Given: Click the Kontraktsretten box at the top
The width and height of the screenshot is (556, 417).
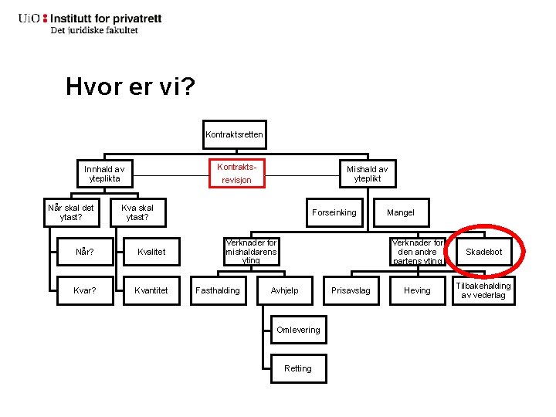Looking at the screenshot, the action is click(x=234, y=134).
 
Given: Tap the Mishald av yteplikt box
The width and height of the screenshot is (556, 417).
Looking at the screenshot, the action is click(x=367, y=174).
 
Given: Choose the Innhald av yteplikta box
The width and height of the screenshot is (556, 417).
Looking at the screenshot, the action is click(x=104, y=174).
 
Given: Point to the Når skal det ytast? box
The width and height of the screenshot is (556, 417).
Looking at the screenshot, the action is click(x=71, y=212).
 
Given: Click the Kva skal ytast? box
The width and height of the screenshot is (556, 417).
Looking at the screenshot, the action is click(x=137, y=212).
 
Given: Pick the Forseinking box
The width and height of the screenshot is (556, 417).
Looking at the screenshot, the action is click(x=334, y=212).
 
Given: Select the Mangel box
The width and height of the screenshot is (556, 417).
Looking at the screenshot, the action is click(x=400, y=212).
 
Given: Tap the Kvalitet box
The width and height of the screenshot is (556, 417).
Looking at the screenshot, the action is click(x=151, y=252).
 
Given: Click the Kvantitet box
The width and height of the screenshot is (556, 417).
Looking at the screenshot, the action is click(x=151, y=290).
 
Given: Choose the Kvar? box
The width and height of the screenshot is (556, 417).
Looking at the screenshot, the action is click(x=85, y=290).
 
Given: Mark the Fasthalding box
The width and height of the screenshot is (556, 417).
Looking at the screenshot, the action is click(x=218, y=290).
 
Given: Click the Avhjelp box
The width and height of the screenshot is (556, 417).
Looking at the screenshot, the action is click(x=284, y=290).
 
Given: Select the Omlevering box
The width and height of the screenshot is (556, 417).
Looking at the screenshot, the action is click(x=297, y=330).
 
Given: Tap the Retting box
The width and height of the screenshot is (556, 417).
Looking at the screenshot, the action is click(x=297, y=368).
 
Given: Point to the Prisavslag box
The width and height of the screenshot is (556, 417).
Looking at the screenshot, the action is click(x=351, y=290).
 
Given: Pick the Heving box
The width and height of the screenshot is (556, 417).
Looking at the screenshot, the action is click(x=417, y=290).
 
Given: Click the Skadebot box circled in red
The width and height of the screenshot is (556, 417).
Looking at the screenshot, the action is click(x=483, y=252).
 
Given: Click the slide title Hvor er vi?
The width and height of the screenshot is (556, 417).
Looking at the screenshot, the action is click(x=130, y=86).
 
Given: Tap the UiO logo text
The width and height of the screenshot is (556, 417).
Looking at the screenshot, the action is click(x=32, y=19).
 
